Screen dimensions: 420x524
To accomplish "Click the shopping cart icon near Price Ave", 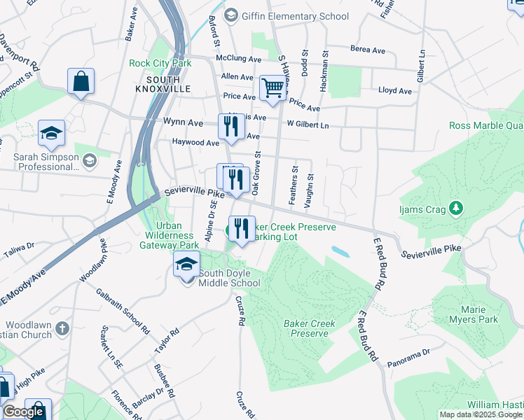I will pyautogui.click(x=272, y=88).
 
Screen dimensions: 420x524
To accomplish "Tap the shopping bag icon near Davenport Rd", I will pyautogui.click(x=81, y=80).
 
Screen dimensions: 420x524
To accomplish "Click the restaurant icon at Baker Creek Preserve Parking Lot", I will pyautogui.click(x=242, y=227).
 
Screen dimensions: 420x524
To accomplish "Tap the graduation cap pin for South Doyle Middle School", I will pyautogui.click(x=186, y=265).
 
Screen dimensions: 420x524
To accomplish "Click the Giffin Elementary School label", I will pyautogui.click(x=294, y=15).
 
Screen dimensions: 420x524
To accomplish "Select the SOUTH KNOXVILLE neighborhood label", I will pyautogui.click(x=163, y=85).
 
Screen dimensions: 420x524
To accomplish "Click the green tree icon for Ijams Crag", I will pyautogui.click(x=456, y=208).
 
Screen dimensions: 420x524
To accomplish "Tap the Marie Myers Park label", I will pyautogui.click(x=478, y=314).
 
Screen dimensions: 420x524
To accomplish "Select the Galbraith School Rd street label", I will pyautogui.click(x=123, y=311).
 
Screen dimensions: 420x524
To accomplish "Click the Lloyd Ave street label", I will pyautogui.click(x=395, y=91).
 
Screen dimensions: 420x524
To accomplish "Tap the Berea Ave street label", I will pyautogui.click(x=368, y=50).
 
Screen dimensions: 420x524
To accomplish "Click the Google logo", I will pyautogui.click(x=23, y=412).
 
